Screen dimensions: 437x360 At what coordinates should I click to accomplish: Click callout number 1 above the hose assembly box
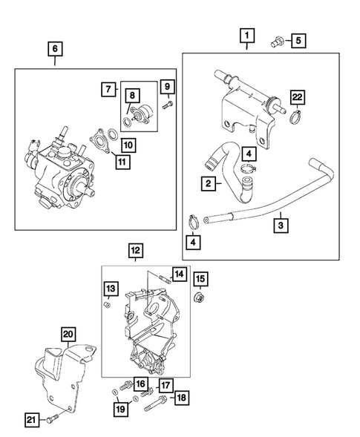pos(246,35)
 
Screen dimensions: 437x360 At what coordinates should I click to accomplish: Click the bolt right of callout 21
pos(49,421)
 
